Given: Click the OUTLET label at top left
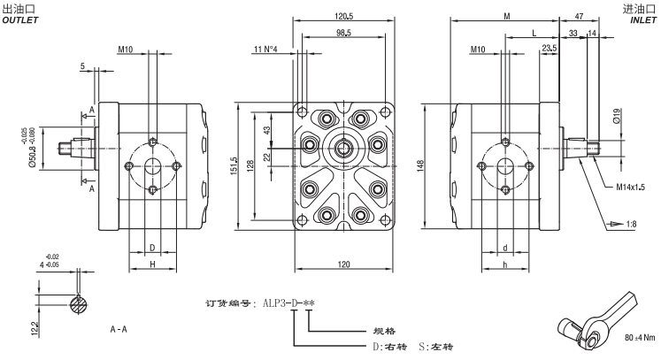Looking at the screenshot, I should point(20,19).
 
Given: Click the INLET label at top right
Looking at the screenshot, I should point(642,19).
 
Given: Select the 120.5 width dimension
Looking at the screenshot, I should point(344,16).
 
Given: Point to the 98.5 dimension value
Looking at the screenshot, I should point(344,32).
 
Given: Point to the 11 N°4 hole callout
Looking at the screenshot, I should point(272,48).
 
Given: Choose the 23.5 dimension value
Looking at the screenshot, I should point(550,48).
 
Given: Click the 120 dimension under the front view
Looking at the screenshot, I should point(344,264).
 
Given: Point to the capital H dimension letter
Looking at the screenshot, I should point(152,264).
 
